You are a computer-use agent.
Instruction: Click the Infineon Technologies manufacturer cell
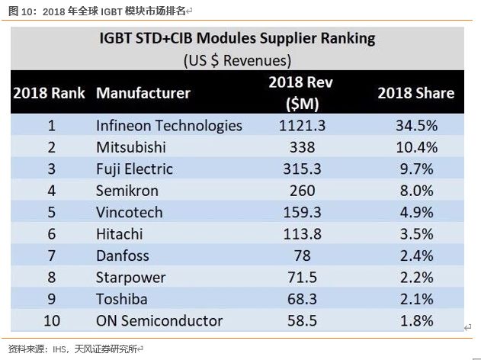(x=168, y=125)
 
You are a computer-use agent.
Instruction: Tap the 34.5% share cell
(x=416, y=125)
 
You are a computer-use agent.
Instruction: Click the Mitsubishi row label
(x=131, y=147)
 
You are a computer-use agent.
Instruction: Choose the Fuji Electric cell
(x=134, y=169)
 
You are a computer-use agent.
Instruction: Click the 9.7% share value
(x=416, y=169)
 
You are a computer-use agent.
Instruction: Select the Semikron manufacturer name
(x=128, y=191)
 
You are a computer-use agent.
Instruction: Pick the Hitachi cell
(x=122, y=234)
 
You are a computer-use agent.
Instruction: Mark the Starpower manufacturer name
(x=130, y=277)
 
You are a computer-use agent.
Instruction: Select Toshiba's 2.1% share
(x=416, y=299)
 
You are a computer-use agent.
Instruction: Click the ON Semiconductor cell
(x=159, y=320)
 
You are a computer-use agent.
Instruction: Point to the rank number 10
(x=52, y=320)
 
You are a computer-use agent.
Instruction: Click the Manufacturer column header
(x=143, y=93)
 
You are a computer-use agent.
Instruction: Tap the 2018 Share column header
(x=416, y=93)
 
